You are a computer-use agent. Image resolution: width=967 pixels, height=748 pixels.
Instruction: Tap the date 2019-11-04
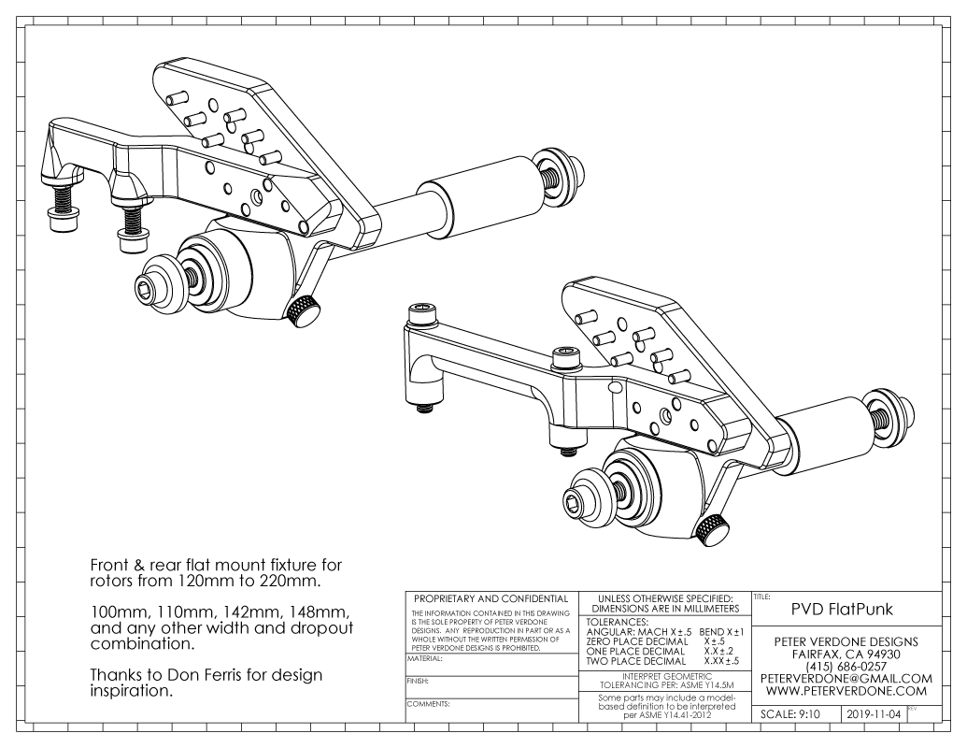876,714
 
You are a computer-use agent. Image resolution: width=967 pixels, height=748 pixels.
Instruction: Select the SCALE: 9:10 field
790,714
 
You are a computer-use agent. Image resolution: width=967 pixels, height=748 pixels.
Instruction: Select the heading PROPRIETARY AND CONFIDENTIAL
486,598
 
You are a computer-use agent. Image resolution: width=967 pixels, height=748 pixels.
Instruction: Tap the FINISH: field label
418,682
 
